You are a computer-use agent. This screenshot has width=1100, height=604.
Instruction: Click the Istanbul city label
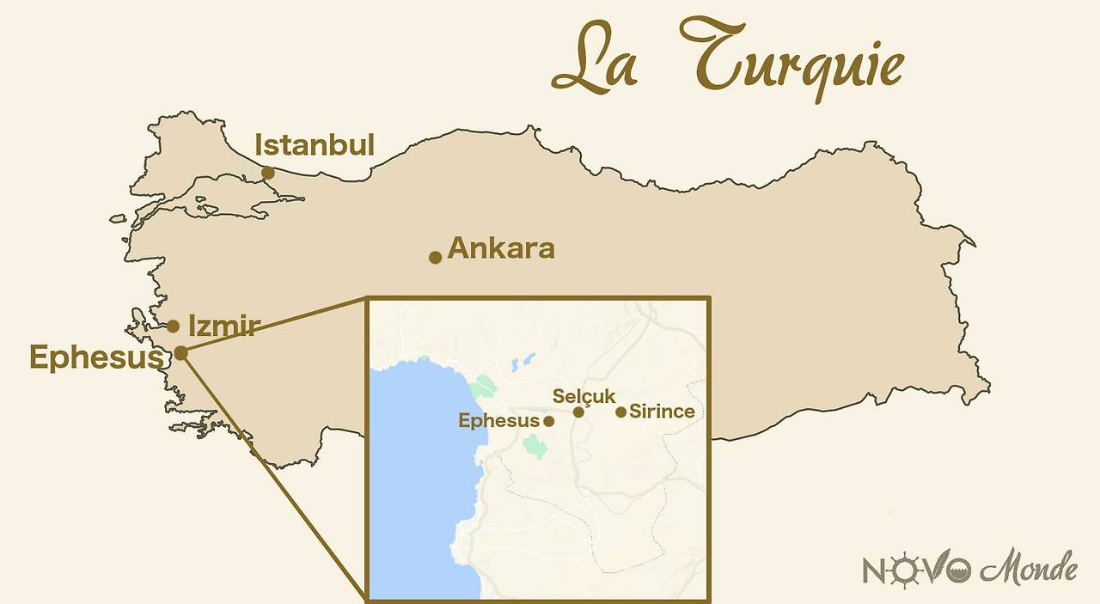click(315, 145)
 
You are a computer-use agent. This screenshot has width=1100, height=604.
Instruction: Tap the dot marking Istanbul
click(268, 173)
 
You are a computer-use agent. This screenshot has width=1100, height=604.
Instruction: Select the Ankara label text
click(501, 248)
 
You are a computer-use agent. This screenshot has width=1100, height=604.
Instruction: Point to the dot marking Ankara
click(436, 257)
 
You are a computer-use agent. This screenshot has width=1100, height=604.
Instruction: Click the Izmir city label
click(223, 326)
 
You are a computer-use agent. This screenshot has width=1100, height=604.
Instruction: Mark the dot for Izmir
click(174, 326)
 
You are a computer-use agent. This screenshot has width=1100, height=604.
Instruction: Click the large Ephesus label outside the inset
click(96, 357)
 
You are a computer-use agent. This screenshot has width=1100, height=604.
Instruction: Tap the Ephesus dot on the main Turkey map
click(181, 352)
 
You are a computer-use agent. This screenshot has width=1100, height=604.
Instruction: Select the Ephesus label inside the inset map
click(498, 421)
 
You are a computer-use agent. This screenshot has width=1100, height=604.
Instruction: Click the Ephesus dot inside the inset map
click(549, 421)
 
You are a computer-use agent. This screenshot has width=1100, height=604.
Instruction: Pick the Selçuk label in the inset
click(584, 396)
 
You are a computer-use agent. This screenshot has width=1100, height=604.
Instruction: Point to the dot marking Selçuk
click(579, 412)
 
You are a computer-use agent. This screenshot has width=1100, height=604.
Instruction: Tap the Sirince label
click(662, 412)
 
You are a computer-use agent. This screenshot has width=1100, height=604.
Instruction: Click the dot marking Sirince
click(621, 412)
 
